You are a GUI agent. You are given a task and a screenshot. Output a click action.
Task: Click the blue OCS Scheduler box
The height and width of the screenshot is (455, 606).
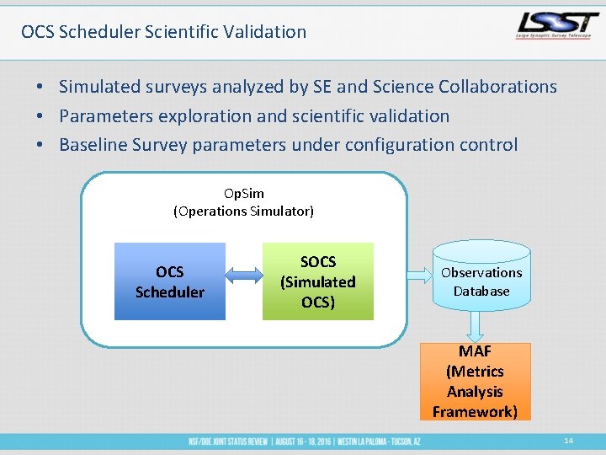tap(170, 281)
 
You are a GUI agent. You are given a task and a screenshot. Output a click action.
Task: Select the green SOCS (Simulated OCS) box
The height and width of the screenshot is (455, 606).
tap(318, 281)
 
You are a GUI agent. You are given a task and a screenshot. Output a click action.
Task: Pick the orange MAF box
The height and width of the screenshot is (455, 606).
tap(476, 381)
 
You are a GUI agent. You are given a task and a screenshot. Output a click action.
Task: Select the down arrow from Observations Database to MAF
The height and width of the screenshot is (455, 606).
tap(476, 325)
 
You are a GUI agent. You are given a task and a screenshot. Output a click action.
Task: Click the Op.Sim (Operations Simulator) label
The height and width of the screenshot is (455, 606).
tap(243, 202)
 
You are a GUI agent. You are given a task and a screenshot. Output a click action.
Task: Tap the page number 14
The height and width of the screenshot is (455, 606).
tap(569, 441)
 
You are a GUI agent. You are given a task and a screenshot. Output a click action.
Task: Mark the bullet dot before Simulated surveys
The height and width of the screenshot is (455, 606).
tap(40, 88)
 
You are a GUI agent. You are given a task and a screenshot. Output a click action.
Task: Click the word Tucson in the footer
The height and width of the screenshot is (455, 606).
tap(398, 442)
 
